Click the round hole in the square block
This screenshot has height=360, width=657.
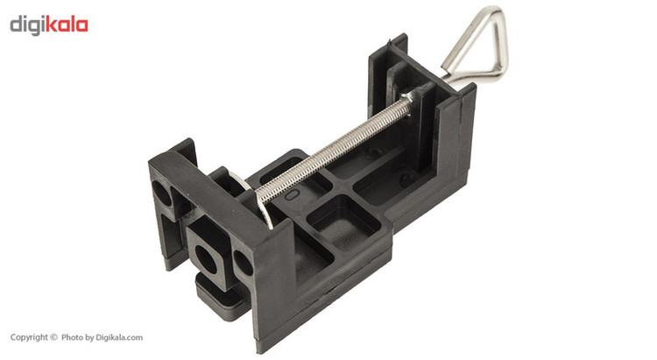pyautogui.click(x=206, y=260)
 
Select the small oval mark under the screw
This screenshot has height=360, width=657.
pyautogui.click(x=292, y=194)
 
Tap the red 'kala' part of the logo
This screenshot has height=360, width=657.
pyautogui.click(x=67, y=25)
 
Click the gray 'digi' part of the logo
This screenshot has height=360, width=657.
pyautogui.click(x=28, y=25)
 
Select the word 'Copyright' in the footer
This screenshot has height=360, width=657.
pyautogui.click(x=29, y=337)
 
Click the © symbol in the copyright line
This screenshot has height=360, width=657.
pyautogui.click(x=53, y=337)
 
